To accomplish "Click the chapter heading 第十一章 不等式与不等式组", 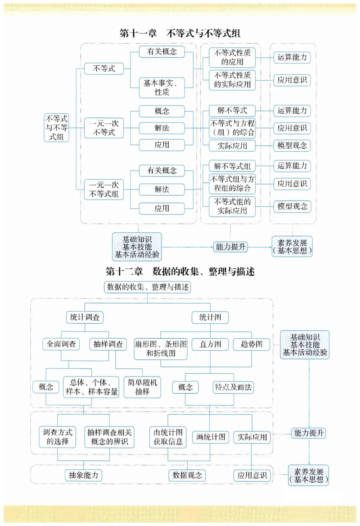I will [180, 33].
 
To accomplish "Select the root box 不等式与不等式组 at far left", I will [57, 128].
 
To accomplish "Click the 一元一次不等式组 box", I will [104, 189].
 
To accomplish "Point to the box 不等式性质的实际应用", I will [232, 80].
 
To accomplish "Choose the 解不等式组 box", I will [232, 166].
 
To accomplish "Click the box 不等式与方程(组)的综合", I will [232, 128].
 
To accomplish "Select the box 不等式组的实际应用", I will [232, 206].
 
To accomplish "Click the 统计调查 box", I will [84, 317].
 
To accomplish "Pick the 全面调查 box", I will [61, 345].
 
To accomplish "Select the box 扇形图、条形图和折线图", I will [161, 349].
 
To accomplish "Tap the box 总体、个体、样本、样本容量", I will [91, 386].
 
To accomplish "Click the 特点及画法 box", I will [233, 387].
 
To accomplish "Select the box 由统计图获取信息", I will [168, 436].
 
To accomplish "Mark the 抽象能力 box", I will [83, 475].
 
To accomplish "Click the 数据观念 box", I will [187, 475].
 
